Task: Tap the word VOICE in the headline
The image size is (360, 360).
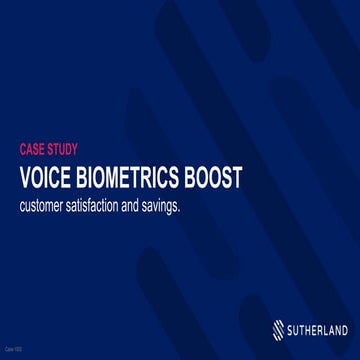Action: point(46,178)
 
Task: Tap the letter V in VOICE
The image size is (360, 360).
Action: point(26,178)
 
